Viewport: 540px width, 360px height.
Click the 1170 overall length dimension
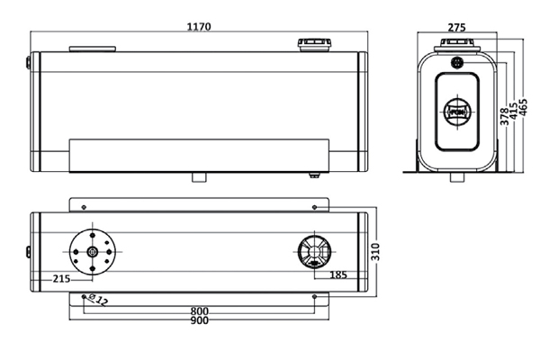198,27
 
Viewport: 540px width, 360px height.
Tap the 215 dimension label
61,279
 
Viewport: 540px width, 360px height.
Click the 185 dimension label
339,274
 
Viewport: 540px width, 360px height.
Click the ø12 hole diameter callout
100,300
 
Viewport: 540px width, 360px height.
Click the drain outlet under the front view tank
200,177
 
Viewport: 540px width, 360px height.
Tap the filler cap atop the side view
455,47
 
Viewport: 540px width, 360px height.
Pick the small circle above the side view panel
455,63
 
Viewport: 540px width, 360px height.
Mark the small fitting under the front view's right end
314,174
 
